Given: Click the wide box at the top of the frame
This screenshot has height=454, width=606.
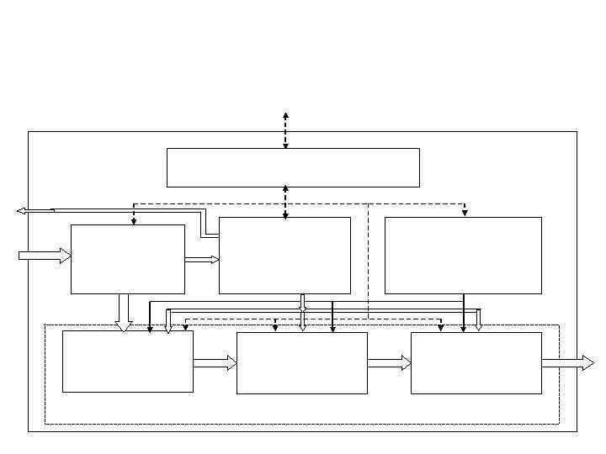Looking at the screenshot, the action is coord(293,167).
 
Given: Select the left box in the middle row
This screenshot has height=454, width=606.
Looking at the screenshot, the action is coord(128,259).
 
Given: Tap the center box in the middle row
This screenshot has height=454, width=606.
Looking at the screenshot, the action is coord(284,256).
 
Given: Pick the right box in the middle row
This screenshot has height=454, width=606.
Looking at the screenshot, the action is coord(463,256).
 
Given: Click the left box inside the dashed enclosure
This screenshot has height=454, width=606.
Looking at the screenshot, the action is coord(128,361).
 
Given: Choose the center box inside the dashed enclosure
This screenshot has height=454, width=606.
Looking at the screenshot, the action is coord(301,362).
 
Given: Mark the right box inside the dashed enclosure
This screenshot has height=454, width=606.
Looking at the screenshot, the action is coord(476,362).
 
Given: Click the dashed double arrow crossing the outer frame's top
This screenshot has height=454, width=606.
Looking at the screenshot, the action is coord(285,130).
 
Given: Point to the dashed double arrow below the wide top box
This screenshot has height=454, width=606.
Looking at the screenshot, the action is coord(285,202).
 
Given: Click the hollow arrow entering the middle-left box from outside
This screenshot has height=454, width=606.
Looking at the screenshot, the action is coord(45,256).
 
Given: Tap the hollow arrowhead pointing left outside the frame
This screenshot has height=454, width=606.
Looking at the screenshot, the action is coord(22,211).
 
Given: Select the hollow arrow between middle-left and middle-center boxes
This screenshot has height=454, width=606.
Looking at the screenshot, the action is coord(202,260).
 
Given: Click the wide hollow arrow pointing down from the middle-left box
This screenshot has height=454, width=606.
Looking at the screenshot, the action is coord(125,313).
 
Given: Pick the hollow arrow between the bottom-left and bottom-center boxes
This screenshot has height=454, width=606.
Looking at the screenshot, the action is coord(215,363).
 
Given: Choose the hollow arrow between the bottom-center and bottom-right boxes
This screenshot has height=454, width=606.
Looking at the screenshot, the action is coord(390,363).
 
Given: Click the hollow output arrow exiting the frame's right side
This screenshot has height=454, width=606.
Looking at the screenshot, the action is coord(568,363).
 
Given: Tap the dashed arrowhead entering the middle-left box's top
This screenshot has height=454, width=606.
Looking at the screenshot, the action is coord(134,221).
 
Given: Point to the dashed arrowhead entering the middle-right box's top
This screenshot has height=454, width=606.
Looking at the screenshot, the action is coord(465,213).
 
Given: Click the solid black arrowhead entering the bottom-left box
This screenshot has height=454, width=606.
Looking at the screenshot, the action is coord(150,329).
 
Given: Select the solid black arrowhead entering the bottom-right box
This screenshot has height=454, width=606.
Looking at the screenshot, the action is coord(464,329).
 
